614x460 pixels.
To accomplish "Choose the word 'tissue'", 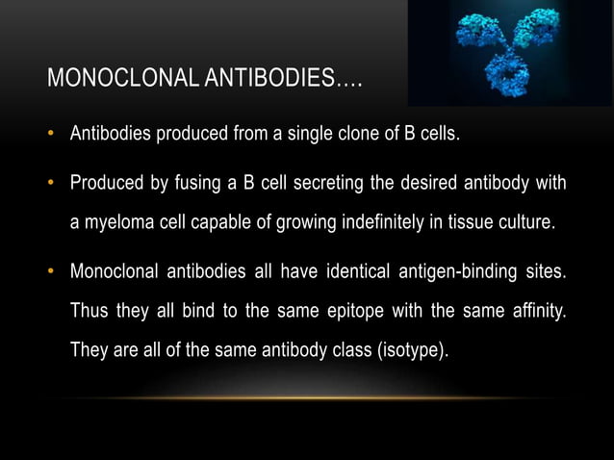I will click(x=455, y=226).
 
